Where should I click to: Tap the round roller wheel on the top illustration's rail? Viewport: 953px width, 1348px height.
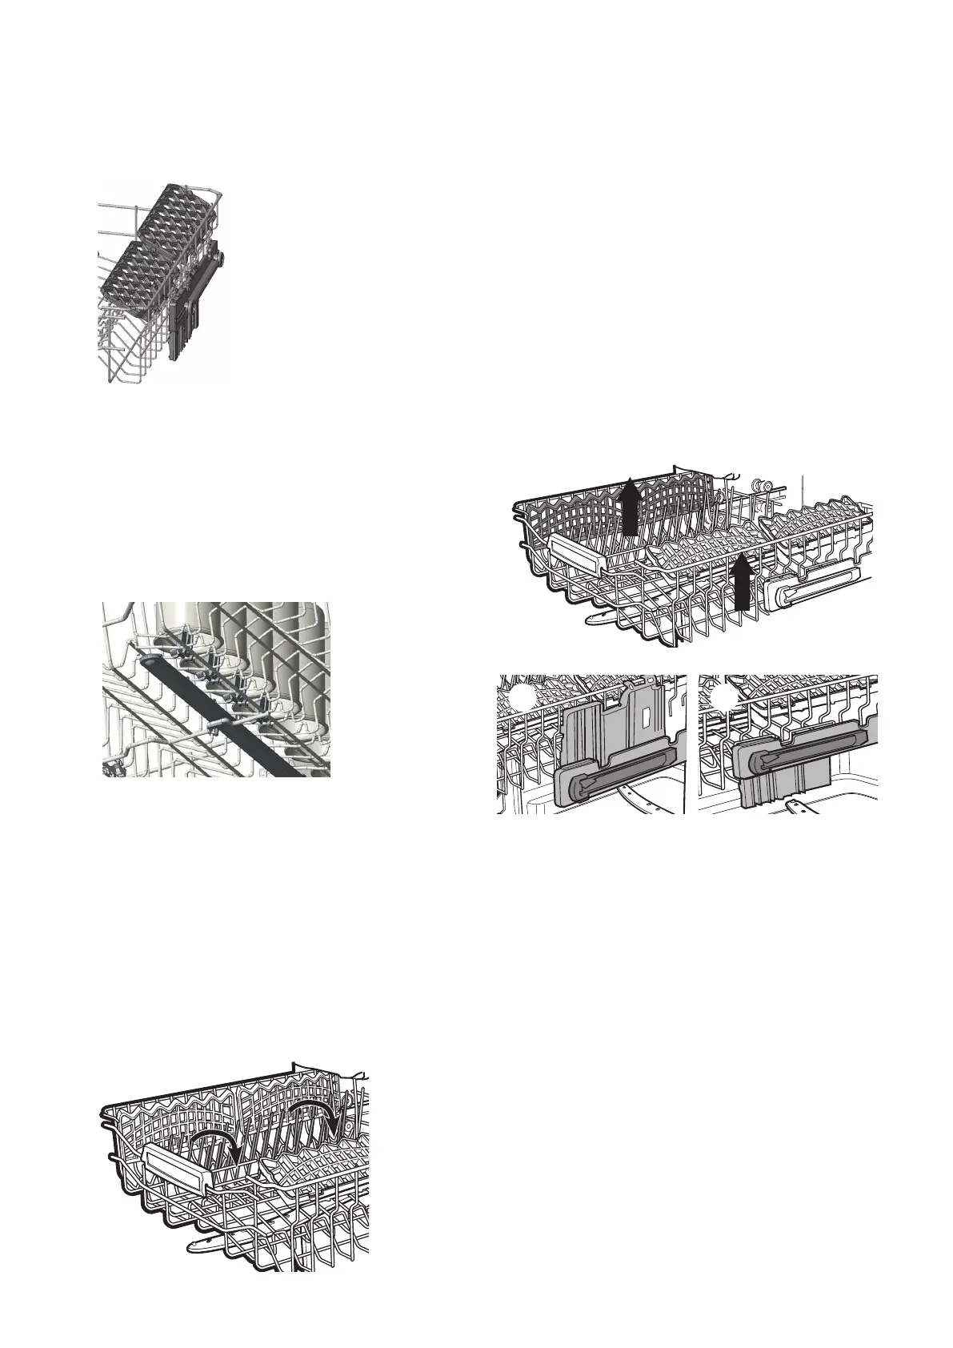[218, 258]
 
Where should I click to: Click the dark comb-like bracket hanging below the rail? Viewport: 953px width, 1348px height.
[182, 328]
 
